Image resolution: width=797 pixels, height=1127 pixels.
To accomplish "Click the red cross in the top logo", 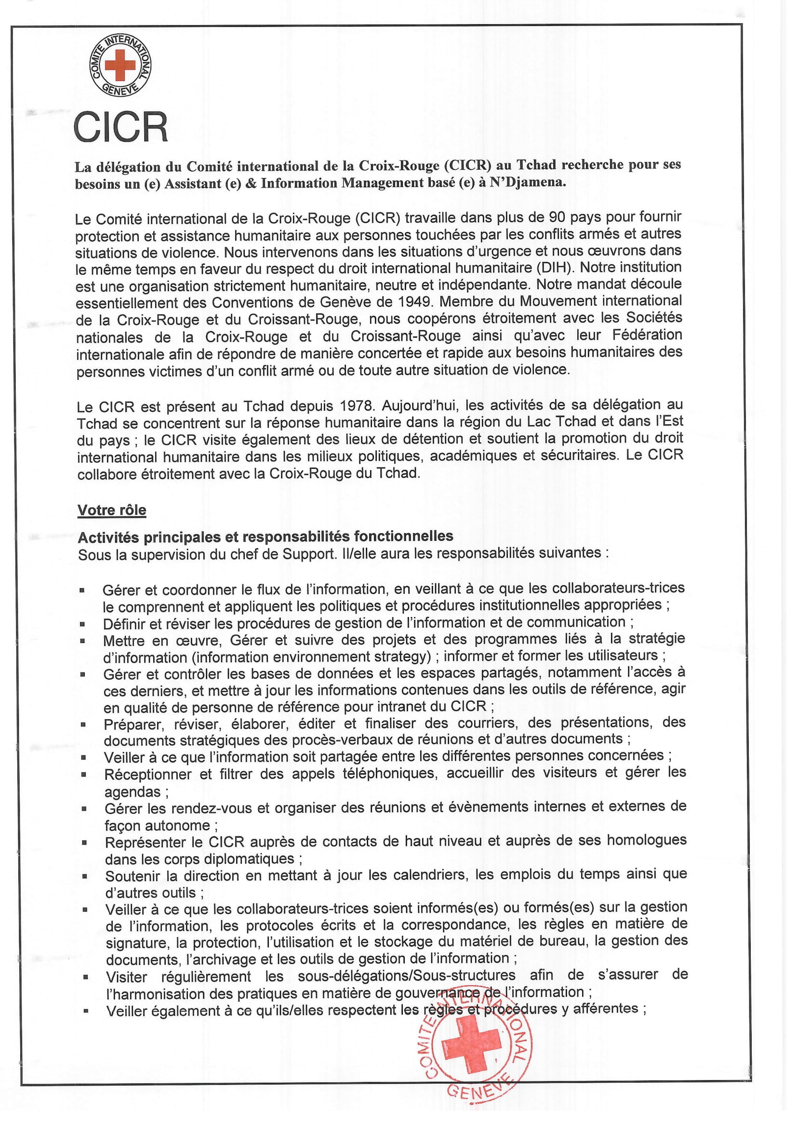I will [120, 64].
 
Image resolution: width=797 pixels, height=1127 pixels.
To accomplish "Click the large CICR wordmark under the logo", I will [121, 127].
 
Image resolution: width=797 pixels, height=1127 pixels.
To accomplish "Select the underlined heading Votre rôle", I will [112, 510].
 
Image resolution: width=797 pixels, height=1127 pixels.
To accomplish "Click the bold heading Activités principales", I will [265, 537].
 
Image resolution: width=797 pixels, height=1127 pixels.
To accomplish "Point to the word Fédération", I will [647, 335].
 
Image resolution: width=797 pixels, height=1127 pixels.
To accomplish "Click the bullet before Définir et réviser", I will [82, 624].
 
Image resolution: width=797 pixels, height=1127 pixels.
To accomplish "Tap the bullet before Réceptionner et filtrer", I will [83, 775].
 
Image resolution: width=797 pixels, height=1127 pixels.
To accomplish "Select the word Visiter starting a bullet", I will [127, 977].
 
